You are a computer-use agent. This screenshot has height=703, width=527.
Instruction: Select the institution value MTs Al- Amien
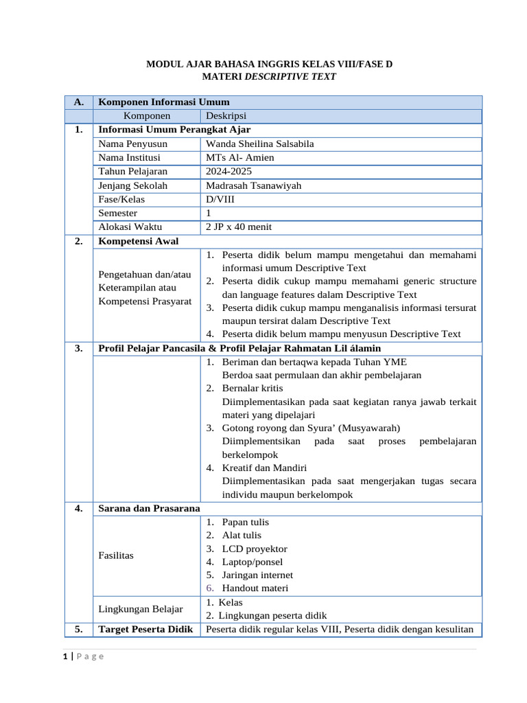coord(239,157)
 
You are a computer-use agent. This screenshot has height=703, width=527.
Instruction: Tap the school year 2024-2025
coord(229,171)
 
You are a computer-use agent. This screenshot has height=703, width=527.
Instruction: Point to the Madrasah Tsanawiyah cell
coord(253,185)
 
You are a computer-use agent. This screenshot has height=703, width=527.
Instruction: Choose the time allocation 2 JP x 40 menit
coord(239,227)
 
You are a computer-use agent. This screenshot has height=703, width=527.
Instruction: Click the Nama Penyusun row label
coord(132,143)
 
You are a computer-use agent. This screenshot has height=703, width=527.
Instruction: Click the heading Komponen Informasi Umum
coord(164,102)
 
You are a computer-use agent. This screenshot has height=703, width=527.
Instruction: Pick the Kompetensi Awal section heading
coord(139,241)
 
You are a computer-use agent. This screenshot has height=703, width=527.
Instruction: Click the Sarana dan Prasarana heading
coord(149,508)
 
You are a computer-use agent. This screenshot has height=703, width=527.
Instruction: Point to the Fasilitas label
coord(117,555)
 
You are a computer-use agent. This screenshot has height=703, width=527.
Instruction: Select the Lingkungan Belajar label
coord(141,608)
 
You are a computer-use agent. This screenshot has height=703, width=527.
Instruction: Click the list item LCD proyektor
coord(255,549)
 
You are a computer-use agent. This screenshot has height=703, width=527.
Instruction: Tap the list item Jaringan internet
coord(257,575)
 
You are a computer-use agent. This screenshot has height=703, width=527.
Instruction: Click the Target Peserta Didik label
coord(145,629)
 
